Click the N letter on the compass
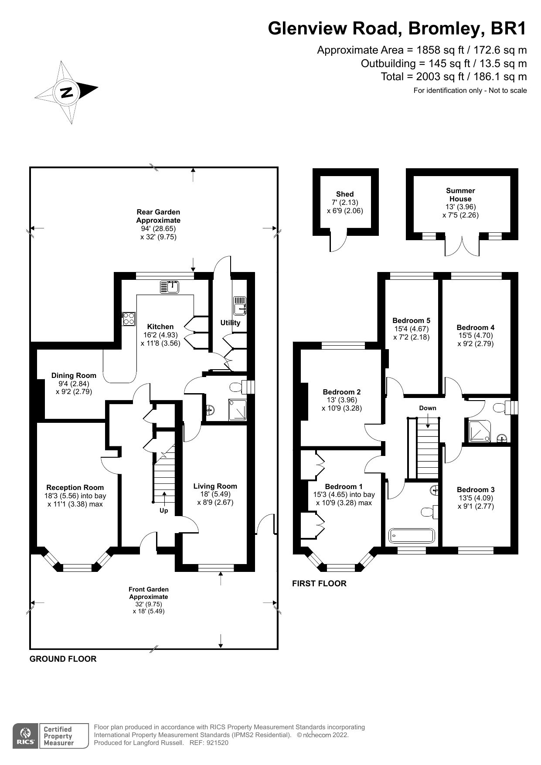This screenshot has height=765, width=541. (67, 92)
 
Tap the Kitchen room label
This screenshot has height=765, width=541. (160, 326)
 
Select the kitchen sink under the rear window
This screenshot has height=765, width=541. (170, 287)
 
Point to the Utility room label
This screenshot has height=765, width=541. (230, 323)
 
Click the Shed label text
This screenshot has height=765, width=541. (345, 194)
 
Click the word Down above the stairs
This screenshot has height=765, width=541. (427, 408)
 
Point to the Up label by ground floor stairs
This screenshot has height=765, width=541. (163, 510)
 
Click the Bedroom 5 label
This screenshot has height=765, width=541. (411, 320)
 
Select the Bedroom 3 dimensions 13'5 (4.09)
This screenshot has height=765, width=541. (476, 498)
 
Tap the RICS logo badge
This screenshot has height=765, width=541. (24, 736)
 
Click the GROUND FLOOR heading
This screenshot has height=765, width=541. (63, 659)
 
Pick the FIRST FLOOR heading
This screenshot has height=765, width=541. (319, 583)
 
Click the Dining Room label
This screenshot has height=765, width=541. (74, 375)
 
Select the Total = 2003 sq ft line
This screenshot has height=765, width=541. (453, 77)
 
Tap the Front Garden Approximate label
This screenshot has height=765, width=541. (148, 593)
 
